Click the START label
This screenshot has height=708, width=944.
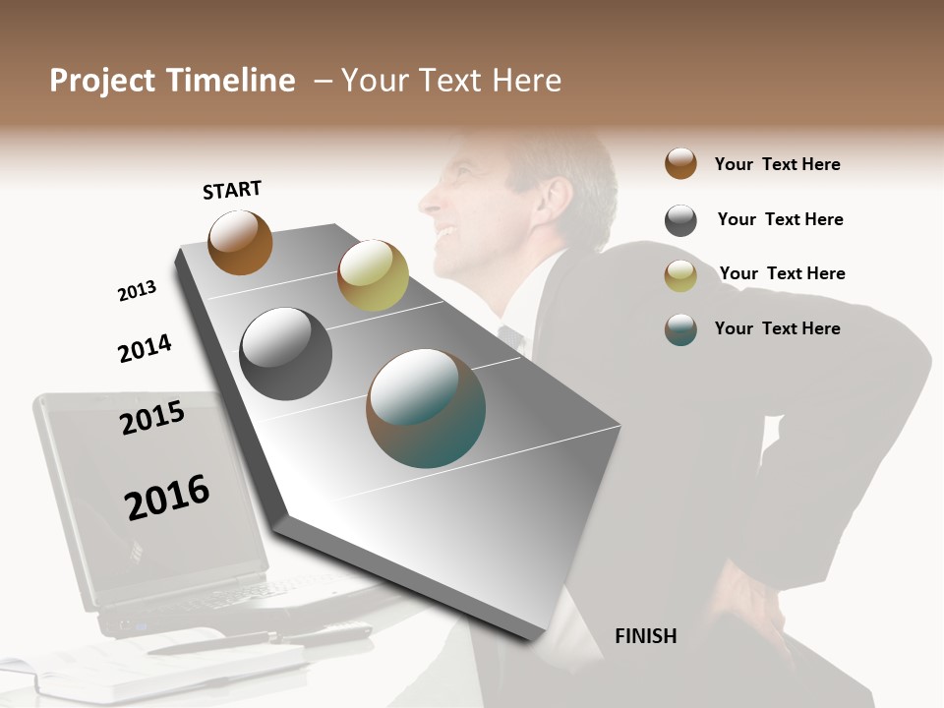232,190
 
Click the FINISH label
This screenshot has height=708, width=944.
645,636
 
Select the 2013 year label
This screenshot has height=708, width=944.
137,290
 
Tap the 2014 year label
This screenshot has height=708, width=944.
145,348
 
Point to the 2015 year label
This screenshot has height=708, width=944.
152,418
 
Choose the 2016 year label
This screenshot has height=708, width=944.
167,497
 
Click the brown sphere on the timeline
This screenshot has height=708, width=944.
240,242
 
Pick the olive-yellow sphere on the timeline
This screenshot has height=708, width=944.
373,274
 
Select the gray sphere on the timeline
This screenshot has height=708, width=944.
285,354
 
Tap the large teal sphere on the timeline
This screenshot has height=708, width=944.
425,408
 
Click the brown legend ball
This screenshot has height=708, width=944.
680,163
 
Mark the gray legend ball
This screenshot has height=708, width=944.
680,220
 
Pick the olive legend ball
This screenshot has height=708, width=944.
680,275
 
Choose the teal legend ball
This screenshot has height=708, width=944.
680,329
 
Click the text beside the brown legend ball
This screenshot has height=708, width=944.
777,164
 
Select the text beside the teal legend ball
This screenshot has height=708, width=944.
777,328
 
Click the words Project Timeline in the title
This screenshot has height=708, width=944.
172,81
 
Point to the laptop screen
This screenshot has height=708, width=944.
147,492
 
